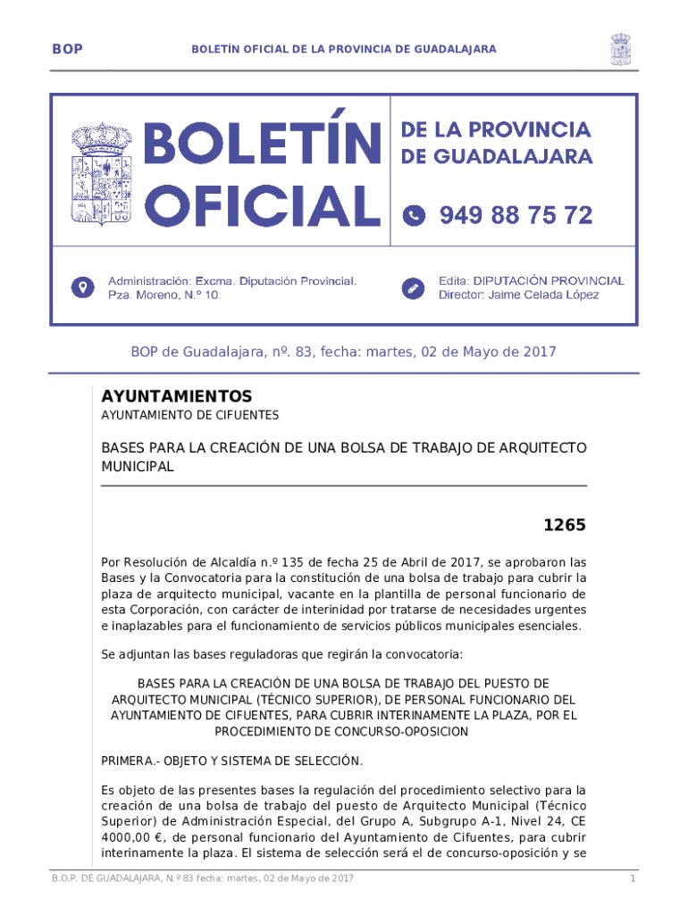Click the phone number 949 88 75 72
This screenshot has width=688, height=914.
pyautogui.click(x=516, y=215)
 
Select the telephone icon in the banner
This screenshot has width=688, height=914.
pyautogui.click(x=414, y=215)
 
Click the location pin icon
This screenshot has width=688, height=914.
pyautogui.click(x=82, y=287)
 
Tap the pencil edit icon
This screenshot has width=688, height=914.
pyautogui.click(x=414, y=287)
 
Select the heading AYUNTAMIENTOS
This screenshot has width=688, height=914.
pyautogui.click(x=177, y=396)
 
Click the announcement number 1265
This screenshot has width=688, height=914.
pyautogui.click(x=565, y=526)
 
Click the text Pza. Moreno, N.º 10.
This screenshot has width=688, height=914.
pyautogui.click(x=164, y=295)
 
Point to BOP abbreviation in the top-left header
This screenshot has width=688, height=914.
pyautogui.click(x=67, y=49)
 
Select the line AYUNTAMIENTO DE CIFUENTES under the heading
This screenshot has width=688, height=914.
pyautogui.click(x=189, y=415)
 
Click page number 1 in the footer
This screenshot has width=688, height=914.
pyautogui.click(x=631, y=880)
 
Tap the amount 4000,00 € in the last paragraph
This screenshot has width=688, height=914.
pyautogui.click(x=131, y=837)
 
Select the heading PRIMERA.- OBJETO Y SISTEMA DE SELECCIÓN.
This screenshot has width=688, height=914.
pyautogui.click(x=231, y=760)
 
